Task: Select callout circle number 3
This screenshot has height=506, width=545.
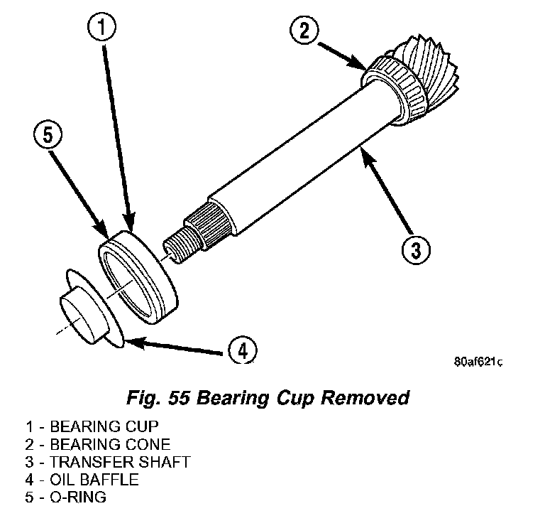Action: point(416,249)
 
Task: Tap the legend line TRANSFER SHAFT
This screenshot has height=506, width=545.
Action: point(106,462)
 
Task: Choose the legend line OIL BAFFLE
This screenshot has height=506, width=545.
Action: point(81,480)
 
